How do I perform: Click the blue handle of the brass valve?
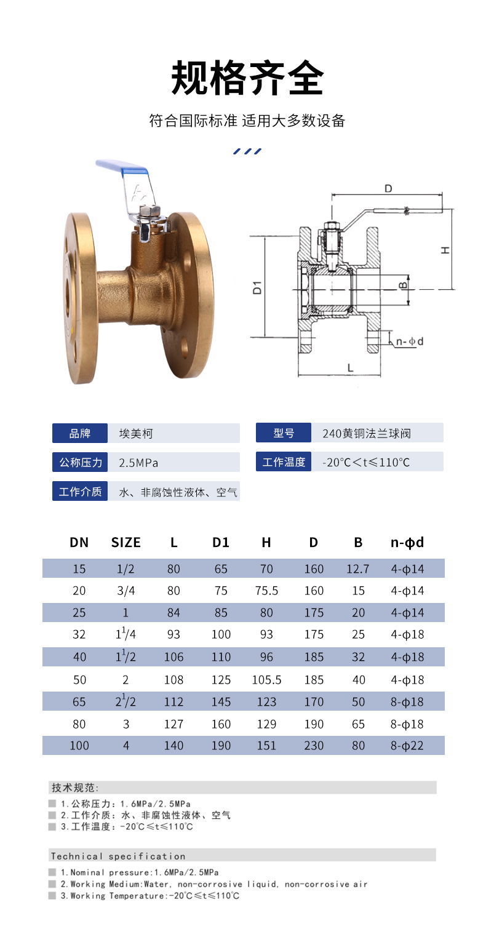[x=122, y=167]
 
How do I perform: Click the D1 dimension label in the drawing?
[x=257, y=288]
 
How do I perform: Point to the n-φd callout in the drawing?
[x=409, y=341]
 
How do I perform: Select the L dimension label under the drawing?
[x=350, y=368]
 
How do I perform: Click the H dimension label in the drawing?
[x=445, y=250]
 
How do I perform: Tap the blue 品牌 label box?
[x=79, y=433]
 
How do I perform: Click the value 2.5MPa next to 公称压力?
[x=138, y=463]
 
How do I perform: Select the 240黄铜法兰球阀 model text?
[x=367, y=434]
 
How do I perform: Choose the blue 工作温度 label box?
[x=284, y=462]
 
